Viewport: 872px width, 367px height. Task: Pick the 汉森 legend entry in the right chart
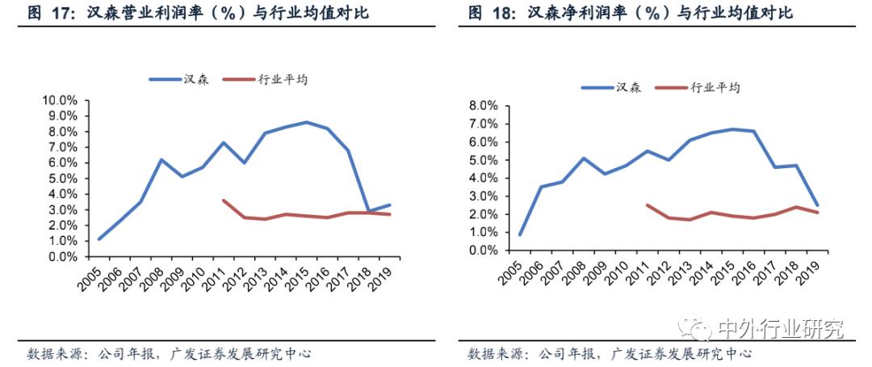point(611,87)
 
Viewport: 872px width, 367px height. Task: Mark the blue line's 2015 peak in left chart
point(306,122)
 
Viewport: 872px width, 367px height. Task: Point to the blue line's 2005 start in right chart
point(520,234)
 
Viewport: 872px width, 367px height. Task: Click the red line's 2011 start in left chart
point(223,200)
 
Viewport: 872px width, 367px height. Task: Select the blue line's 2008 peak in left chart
point(161,159)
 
